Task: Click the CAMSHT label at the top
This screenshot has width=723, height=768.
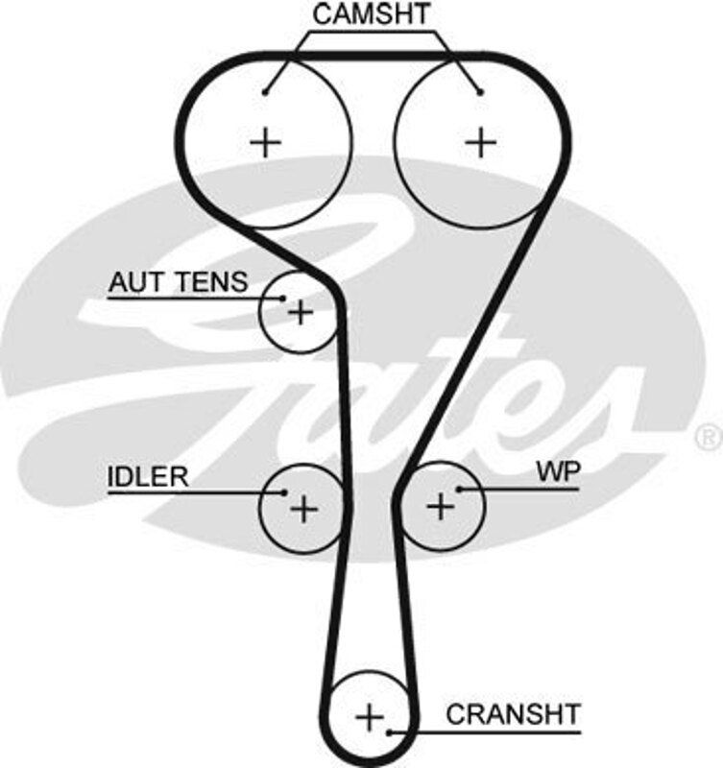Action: point(373,13)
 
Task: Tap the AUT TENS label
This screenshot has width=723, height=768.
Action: point(178,282)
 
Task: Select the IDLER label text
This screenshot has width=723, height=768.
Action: point(147,477)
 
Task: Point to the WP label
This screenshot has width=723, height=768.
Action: point(552,471)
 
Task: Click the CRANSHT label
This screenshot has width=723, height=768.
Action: point(513,713)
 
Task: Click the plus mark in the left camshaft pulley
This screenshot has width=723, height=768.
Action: point(265,143)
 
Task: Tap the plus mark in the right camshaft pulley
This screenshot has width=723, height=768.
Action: point(481,143)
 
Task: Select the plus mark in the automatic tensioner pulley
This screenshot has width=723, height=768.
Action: point(301,312)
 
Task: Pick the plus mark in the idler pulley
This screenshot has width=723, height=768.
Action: point(302,508)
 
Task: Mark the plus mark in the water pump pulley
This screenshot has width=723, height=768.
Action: point(440,505)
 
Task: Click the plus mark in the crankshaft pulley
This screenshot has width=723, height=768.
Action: point(369,716)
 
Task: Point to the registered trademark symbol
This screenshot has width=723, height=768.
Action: point(708,437)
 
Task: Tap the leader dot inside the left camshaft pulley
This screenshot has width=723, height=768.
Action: point(265,92)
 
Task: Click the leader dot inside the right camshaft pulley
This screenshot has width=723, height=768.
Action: point(480,92)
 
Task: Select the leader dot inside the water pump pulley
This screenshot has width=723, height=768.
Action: point(460,490)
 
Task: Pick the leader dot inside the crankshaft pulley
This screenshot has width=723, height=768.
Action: point(390,732)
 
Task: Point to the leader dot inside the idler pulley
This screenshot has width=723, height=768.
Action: point(284,492)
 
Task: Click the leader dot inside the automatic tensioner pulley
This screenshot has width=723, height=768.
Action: point(282,299)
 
